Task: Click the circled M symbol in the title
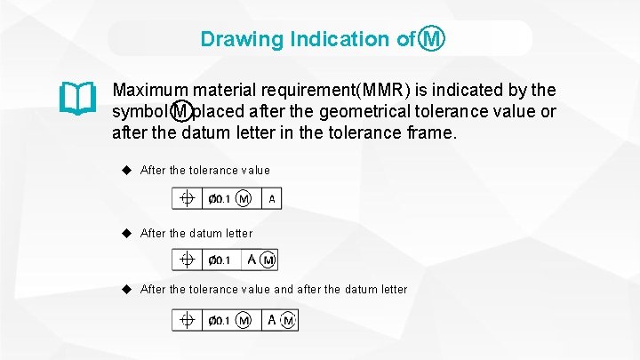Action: coord(432,39)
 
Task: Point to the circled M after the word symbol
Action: coord(181,112)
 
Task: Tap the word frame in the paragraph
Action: coord(429,133)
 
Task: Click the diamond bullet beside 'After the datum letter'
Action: coord(127,233)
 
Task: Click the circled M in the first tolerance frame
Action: coord(244,199)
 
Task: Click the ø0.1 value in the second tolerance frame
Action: coord(220,260)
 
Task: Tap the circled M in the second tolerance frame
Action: coord(268,260)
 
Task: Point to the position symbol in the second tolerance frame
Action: coord(188,260)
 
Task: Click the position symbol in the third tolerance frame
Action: coord(188,320)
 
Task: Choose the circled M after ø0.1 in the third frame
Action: coord(244,320)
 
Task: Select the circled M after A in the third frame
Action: coord(287,320)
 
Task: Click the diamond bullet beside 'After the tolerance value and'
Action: coord(127,289)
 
